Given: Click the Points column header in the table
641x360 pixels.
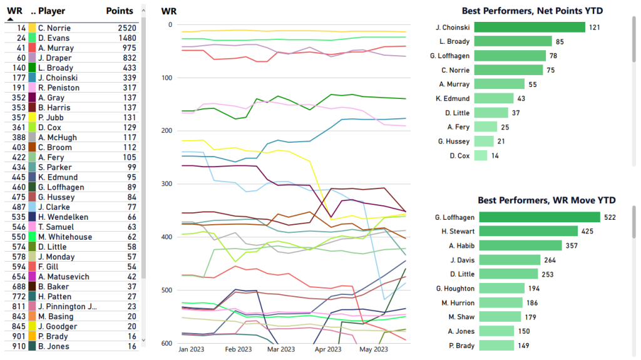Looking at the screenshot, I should pos(120,11).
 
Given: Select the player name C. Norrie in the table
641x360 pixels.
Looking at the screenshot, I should pos(54,28).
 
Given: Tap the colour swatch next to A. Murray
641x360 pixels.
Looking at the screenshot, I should pos(32,48).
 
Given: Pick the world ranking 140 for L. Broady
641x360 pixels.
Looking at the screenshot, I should pos(18,68).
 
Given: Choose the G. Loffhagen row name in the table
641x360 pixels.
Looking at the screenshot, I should pos(59,187).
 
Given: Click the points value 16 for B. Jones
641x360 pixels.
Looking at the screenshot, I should pos(131,346).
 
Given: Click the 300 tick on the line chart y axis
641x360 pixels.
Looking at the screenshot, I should pos(166,184).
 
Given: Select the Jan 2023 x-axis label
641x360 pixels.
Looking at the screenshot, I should pos(192,349).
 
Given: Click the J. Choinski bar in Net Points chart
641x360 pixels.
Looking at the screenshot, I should pos(530,27).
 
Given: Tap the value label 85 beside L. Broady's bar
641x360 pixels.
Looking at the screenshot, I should pos(560,41).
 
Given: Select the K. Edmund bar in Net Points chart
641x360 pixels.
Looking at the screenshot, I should pos(494,98).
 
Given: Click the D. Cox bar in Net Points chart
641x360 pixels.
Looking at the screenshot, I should pos(481,156).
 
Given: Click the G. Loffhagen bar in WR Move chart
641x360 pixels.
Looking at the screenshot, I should pos(537,217).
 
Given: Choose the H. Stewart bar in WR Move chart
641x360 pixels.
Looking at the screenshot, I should pos(525,232).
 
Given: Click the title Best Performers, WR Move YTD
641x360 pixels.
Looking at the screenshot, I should pos(546,200).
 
